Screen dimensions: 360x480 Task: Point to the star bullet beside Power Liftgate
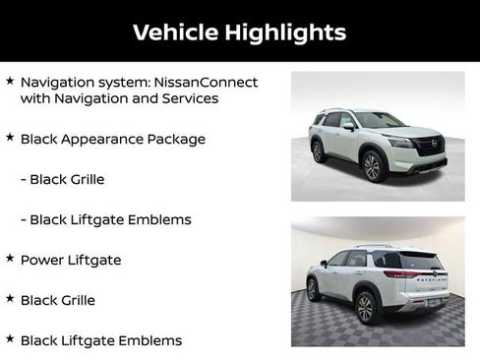pyautogui.click(x=10, y=259)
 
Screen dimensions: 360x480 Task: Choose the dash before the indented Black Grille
pyautogui.click(x=24, y=180)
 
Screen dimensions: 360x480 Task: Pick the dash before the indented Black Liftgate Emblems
pyautogui.click(x=24, y=219)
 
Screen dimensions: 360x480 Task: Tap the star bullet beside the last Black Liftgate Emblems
pyautogui.click(x=10, y=339)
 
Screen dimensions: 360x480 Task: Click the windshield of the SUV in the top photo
pyautogui.click(x=378, y=121)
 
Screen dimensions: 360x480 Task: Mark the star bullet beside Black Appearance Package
pyautogui.click(x=10, y=139)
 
